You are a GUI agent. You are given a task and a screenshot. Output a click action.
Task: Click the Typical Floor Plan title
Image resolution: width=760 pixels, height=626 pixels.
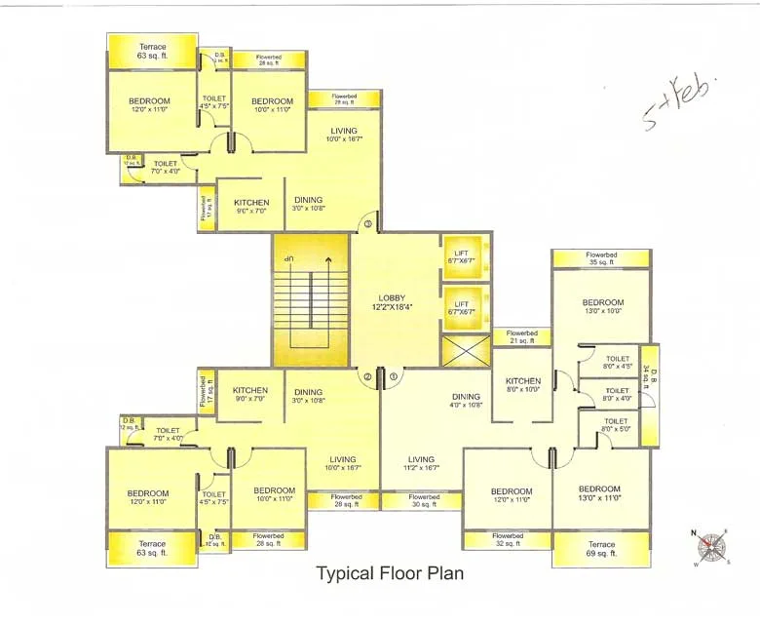390,573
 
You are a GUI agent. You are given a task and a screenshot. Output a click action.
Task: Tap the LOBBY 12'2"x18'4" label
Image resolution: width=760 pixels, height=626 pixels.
399,303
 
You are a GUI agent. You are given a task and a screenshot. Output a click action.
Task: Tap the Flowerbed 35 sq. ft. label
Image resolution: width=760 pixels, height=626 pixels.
601,258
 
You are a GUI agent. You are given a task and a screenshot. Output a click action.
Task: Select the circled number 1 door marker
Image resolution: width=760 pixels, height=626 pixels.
394,375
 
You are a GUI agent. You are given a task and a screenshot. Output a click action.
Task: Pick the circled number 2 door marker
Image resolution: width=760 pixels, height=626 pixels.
367,375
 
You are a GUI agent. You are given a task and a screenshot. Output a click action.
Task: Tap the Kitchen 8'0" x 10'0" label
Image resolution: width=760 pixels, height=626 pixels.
523,385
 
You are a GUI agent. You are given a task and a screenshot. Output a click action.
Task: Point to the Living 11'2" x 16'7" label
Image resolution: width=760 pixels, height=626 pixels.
421,464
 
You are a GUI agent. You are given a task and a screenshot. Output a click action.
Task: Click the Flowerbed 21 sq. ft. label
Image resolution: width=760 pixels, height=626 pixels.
522,336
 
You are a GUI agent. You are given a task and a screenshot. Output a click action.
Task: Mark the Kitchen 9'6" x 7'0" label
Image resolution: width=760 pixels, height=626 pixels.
251,207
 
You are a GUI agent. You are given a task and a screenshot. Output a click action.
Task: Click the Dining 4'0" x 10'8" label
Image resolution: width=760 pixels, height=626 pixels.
466,401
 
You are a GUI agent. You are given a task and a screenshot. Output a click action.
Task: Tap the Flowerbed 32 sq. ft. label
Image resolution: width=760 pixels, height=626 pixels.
507,540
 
